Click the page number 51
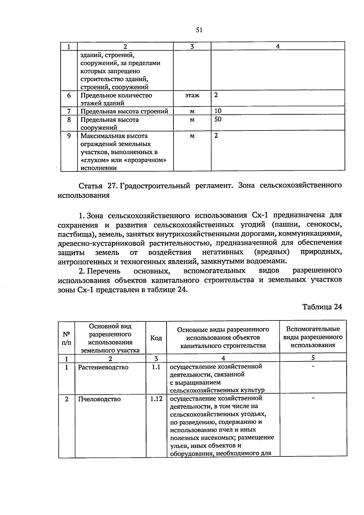199,30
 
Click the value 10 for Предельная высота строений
218,111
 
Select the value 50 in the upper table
218,119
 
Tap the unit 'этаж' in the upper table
192,95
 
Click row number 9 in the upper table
69,136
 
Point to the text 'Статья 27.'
96,185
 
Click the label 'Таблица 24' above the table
322,307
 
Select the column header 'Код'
156,338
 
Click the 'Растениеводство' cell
103,367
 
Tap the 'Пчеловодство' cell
99,399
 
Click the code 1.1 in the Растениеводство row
156,367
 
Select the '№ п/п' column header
66,338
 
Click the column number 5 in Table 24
313,357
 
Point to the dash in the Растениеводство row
313,367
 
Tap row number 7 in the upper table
69,111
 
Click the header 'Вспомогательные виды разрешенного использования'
313,337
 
